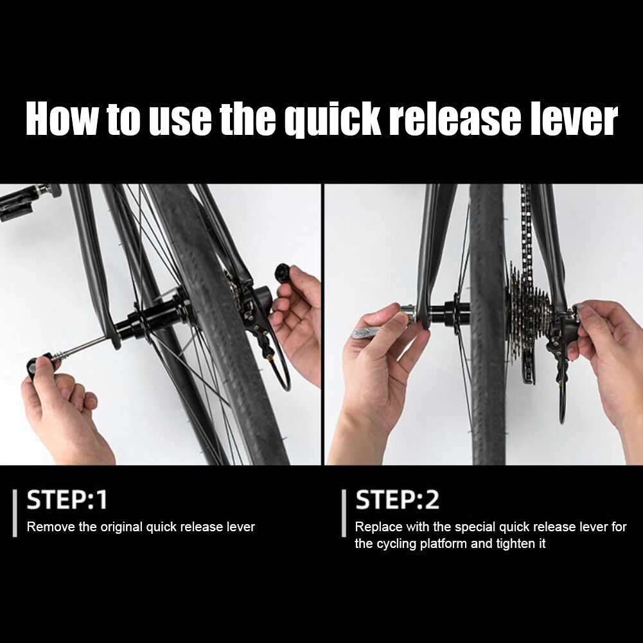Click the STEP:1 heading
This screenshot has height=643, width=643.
click(66, 500)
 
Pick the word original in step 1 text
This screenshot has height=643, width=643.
click(121, 527)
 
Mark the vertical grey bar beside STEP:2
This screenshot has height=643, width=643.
click(344, 513)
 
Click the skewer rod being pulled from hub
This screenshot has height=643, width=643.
click(84, 348)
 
